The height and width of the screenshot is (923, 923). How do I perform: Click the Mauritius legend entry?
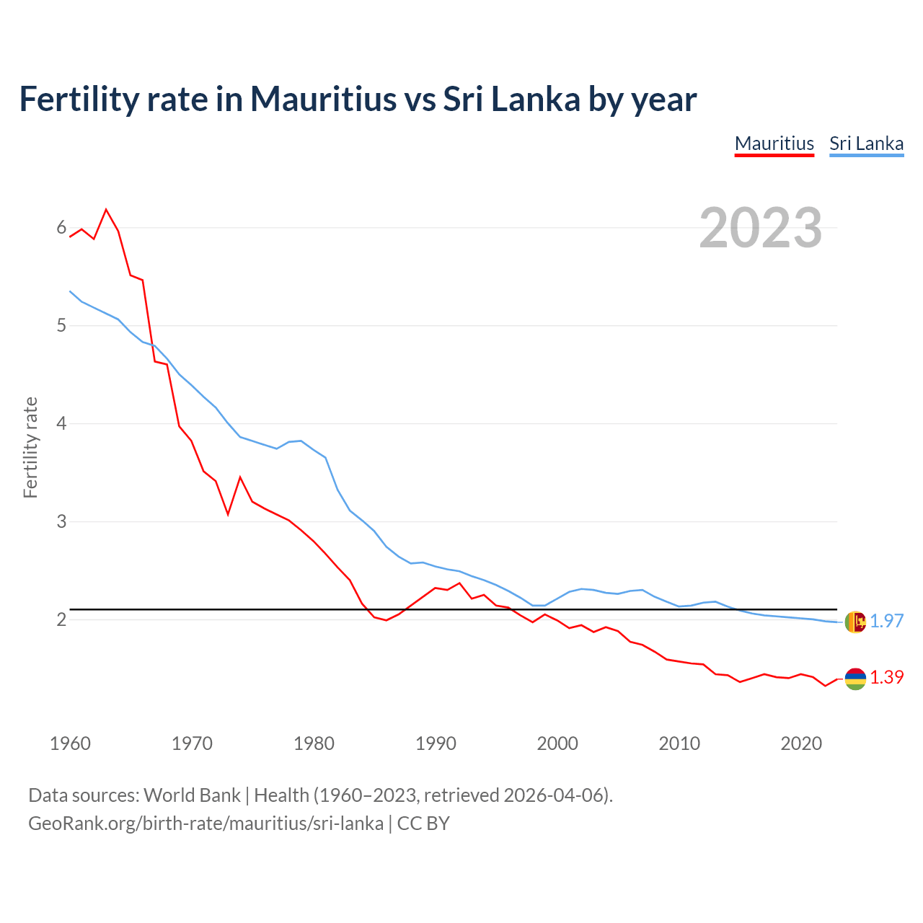[x=774, y=143]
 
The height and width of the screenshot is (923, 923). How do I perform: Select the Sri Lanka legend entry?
[x=866, y=143]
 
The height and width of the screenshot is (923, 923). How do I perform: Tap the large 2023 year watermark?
[x=761, y=228]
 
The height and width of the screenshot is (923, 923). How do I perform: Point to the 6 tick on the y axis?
[x=61, y=228]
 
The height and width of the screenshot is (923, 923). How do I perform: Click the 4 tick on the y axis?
[x=61, y=423]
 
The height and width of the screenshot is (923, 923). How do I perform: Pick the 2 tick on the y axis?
[x=61, y=619]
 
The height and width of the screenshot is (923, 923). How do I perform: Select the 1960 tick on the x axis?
[x=70, y=743]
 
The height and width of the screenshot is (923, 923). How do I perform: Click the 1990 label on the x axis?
[x=436, y=743]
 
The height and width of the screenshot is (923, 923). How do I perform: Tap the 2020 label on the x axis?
[x=801, y=743]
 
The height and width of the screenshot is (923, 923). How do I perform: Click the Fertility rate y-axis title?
[x=30, y=447]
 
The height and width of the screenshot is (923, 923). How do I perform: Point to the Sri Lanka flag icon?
[x=855, y=622]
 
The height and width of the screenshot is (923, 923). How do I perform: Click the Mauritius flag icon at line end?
[x=855, y=678]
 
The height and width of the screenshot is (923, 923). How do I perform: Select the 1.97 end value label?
[x=886, y=621]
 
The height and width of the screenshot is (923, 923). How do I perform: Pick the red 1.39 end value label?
[x=886, y=677]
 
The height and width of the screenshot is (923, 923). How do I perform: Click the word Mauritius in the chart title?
[x=323, y=99]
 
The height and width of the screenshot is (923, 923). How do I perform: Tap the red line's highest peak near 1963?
[x=106, y=210]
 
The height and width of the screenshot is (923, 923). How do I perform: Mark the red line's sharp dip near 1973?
[x=228, y=514]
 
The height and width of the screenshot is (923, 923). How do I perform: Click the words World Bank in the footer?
[x=192, y=795]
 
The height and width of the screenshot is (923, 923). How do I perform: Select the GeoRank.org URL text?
[x=206, y=823]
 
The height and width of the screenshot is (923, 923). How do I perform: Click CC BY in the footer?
[x=423, y=823]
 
